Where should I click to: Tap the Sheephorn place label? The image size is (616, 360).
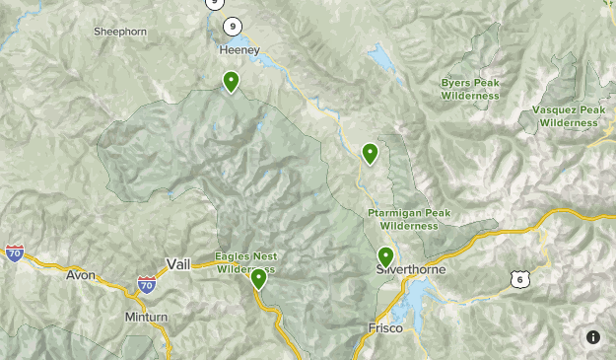[x=120, y=32]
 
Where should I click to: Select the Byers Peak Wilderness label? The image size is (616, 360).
[x=470, y=90]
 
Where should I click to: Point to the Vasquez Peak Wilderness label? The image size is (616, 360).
[x=569, y=116]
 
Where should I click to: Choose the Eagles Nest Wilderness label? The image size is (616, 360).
[x=245, y=262]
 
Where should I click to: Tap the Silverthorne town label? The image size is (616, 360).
[x=411, y=269]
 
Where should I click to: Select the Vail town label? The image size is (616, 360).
[x=178, y=264]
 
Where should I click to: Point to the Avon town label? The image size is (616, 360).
[x=81, y=275]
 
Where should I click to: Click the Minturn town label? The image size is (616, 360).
[x=147, y=317]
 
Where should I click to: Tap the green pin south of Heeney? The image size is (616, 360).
[x=231, y=81]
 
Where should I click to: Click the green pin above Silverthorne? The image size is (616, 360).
[x=385, y=256]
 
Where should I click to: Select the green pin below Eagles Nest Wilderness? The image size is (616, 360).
[x=258, y=279]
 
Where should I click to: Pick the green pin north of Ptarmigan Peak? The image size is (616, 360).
[x=370, y=153]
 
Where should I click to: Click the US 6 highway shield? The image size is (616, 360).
[x=520, y=280]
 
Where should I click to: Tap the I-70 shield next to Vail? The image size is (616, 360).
[x=146, y=285]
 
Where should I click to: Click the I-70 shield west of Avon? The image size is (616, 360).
[x=14, y=253]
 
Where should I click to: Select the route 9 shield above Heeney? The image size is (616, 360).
[x=232, y=27]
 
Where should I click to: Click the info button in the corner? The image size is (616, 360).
[x=593, y=337]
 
